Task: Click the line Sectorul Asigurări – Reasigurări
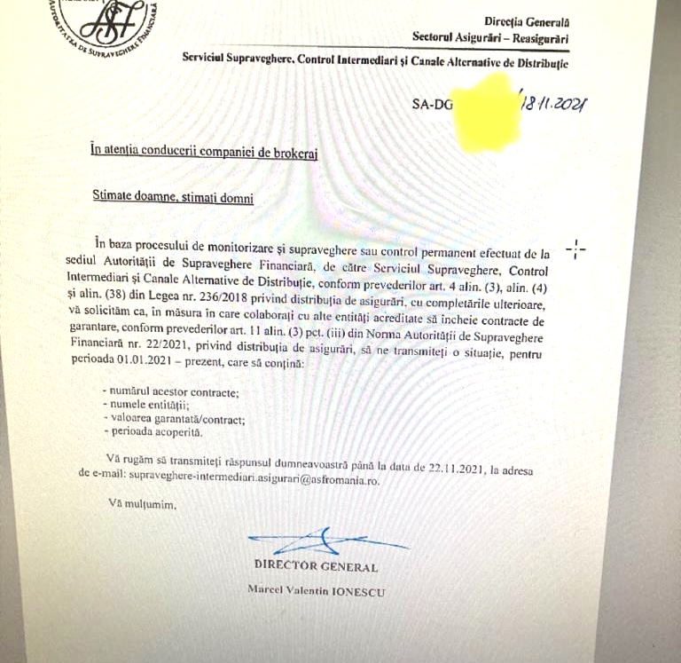click(490, 37)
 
